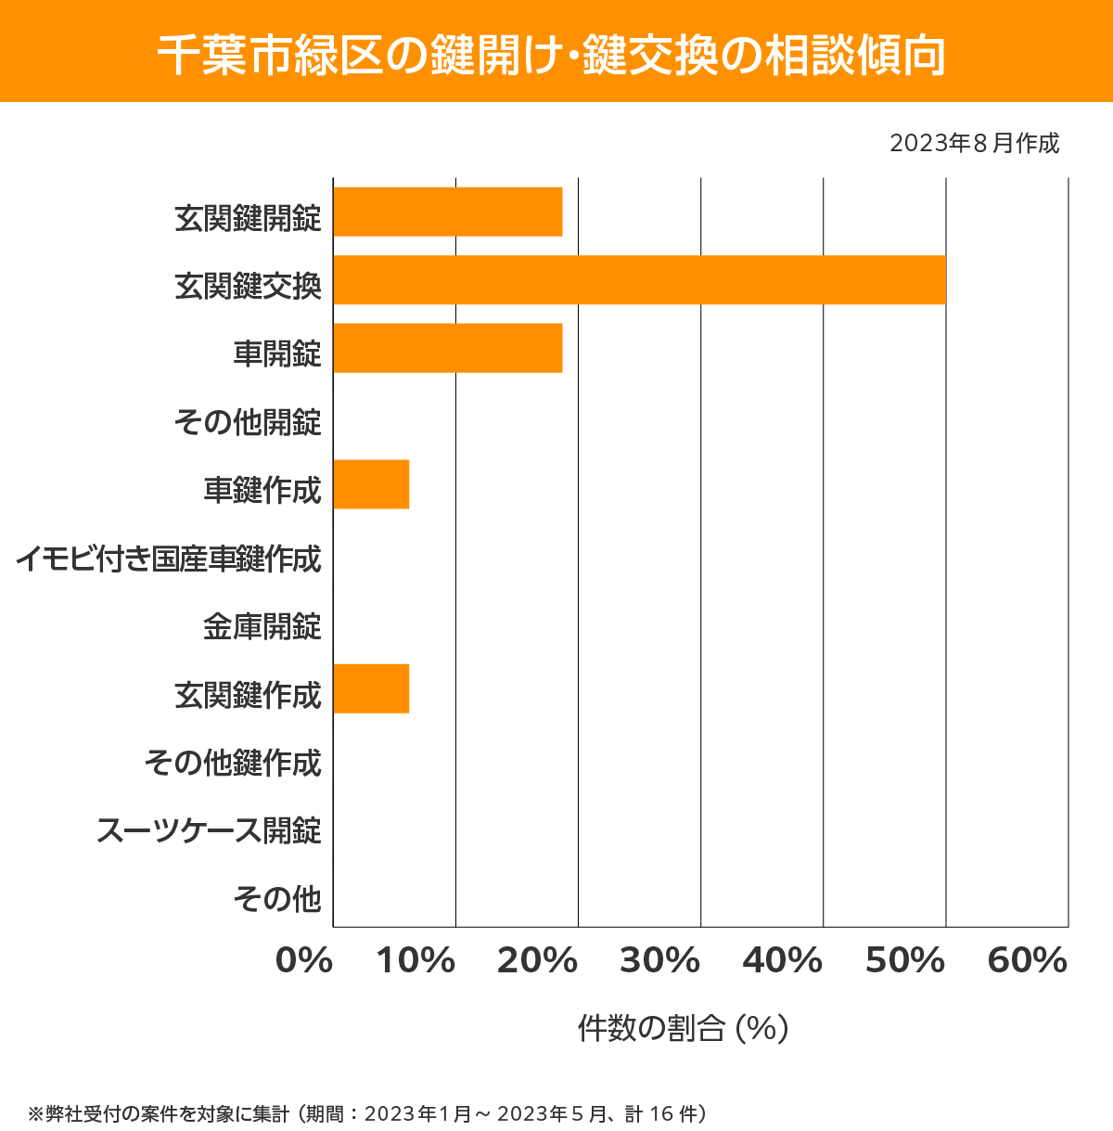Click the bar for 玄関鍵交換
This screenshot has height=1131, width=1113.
point(639,279)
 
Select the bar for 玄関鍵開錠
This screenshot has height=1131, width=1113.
point(448,212)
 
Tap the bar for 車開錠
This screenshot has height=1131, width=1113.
point(448,348)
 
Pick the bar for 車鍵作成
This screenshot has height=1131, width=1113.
point(371,484)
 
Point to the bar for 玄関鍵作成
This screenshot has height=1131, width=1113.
point(371,688)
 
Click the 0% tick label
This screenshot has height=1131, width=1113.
point(304,961)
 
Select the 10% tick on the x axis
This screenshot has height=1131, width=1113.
point(416,961)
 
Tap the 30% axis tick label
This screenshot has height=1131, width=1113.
point(660,961)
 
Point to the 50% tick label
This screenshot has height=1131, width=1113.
point(905,961)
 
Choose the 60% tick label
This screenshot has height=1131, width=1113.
point(1028,961)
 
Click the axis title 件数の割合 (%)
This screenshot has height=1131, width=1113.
point(683,1028)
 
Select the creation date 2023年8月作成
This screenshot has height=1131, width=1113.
point(974,144)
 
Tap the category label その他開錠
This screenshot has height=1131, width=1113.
point(248,422)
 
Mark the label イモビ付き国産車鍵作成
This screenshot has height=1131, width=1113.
point(169,559)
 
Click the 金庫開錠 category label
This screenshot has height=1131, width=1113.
point(262,626)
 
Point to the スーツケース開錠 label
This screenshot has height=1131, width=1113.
point(210,830)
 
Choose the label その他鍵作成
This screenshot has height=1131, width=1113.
point(233,763)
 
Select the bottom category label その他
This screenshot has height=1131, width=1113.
point(277,898)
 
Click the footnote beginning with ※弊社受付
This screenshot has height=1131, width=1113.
point(367,1113)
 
